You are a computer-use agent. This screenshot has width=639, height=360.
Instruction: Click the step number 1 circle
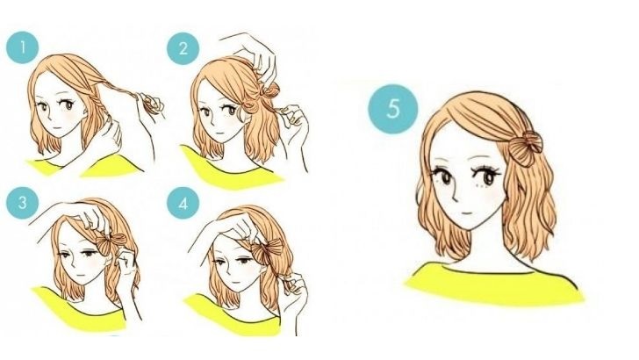click(x=23, y=47)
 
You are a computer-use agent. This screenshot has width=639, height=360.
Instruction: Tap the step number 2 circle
click(x=183, y=48)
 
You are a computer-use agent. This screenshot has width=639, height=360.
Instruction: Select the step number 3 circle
click(x=23, y=203)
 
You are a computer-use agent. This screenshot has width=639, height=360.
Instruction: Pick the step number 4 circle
click(x=183, y=203)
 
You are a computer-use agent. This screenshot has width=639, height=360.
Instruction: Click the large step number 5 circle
click(x=393, y=109)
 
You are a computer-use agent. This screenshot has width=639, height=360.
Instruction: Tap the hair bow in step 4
click(x=268, y=249)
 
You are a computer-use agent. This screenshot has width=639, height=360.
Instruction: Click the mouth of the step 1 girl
click(x=57, y=128)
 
